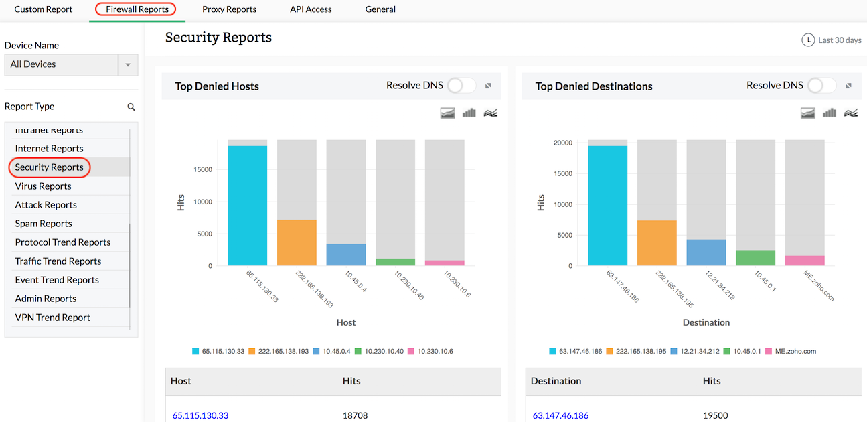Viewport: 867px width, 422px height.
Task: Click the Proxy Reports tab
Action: click(229, 9)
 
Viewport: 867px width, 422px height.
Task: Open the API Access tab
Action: click(311, 9)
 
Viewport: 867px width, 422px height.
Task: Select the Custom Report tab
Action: click(44, 9)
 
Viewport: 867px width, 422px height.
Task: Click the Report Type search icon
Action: click(131, 107)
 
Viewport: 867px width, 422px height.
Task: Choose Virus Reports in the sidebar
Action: click(43, 186)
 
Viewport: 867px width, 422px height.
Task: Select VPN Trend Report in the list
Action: click(52, 318)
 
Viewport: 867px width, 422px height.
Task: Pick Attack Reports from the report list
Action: click(46, 205)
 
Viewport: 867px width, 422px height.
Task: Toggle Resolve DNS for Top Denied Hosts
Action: click(461, 86)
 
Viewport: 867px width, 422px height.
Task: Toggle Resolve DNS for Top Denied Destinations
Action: click(821, 86)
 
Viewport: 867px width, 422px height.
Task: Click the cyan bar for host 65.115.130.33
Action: click(247, 206)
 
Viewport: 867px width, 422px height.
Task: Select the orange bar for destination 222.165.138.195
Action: click(657, 243)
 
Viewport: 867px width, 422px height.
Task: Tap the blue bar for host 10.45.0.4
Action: click(346, 255)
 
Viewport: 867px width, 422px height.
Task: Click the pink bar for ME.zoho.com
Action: click(805, 261)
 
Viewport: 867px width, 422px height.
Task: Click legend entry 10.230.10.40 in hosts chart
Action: click(380, 351)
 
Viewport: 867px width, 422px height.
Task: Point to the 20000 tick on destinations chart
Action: click(562, 143)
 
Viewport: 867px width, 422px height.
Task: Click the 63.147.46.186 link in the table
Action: click(560, 415)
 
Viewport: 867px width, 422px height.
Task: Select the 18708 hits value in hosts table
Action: click(355, 415)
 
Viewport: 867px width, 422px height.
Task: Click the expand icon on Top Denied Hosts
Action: click(489, 86)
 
